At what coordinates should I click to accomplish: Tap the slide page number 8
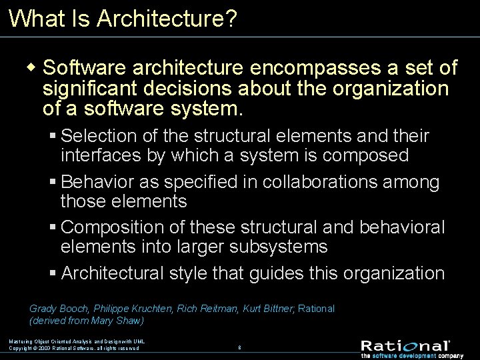pyautogui.click(x=239, y=347)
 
